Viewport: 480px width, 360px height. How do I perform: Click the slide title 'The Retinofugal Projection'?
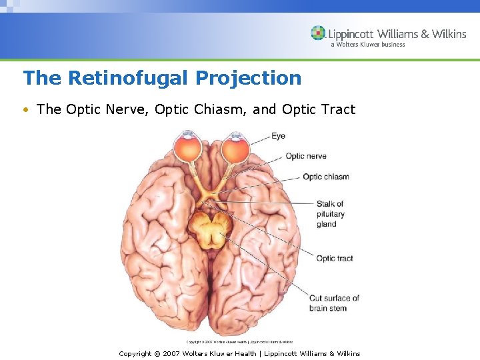162,78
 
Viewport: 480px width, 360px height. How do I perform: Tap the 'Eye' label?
278,136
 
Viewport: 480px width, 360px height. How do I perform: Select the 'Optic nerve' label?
306,156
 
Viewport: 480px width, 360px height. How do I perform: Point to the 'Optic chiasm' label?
325,177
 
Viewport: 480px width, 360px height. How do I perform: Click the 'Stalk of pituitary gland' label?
330,214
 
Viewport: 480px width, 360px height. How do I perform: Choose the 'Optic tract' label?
334,258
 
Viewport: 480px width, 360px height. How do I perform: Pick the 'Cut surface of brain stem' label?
334,303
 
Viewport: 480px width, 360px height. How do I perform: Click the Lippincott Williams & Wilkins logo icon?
318,33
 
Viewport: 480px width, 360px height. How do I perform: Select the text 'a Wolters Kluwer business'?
367,45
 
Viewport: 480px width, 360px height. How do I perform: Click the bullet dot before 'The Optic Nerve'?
26,109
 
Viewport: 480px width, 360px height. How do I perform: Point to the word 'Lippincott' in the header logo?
351,33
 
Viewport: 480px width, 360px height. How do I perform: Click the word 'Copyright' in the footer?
135,353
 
